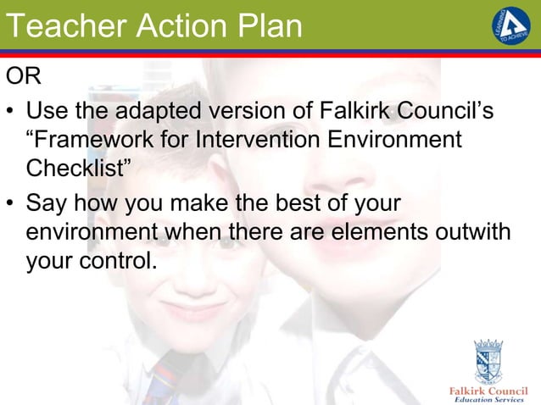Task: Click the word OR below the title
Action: pos(23,79)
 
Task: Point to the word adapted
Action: pos(161,111)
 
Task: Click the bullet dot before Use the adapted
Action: pos(11,112)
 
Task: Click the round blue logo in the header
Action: pos(511,27)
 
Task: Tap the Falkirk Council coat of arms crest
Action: pos(488,361)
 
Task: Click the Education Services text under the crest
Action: pos(489,399)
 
